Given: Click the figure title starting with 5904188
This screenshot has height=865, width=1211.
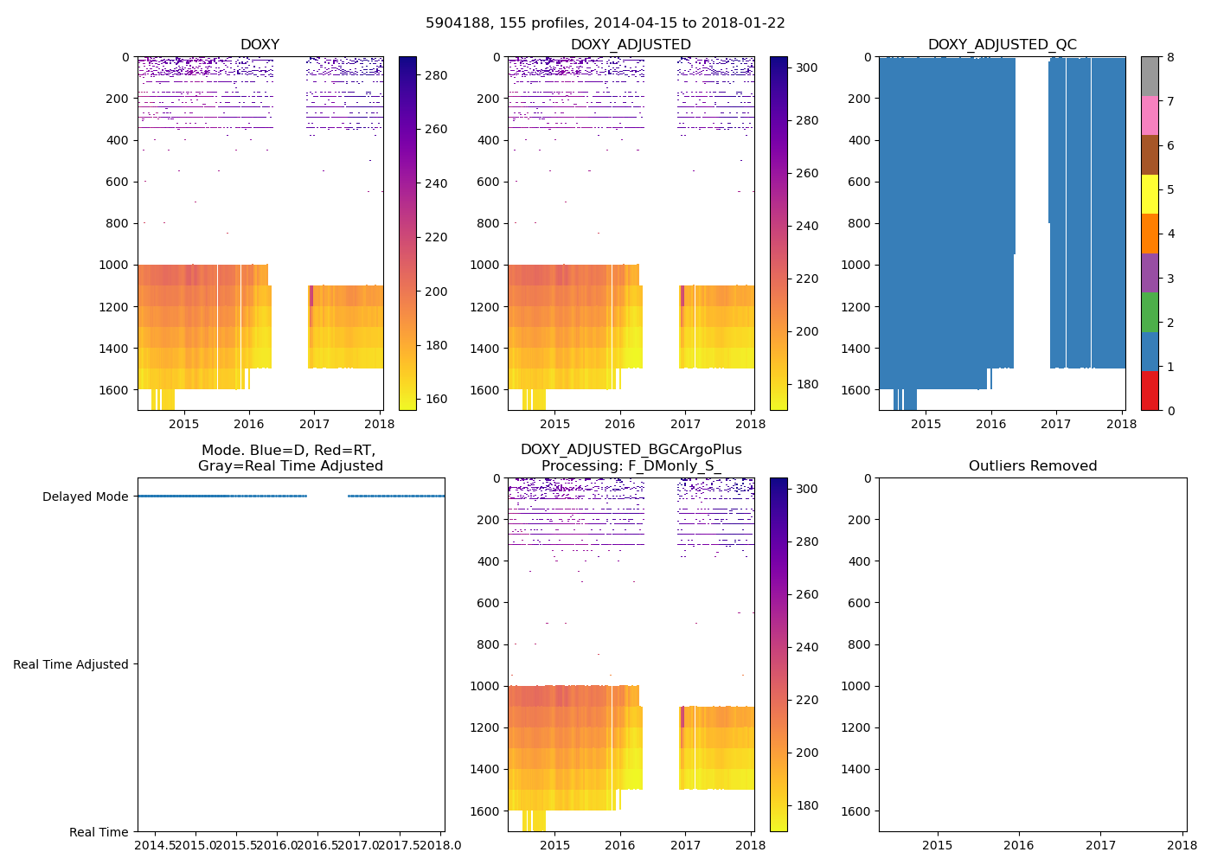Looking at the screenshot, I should point(605,23).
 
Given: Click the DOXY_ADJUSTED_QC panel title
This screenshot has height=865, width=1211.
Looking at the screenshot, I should point(1002,45).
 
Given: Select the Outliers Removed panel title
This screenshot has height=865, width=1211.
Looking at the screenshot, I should point(1032,466).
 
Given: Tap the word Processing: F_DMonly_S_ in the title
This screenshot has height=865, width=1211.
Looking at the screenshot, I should point(631,466).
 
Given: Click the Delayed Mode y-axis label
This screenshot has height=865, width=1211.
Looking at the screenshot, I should point(85,497).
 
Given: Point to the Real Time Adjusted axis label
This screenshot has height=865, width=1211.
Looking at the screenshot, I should point(71,664).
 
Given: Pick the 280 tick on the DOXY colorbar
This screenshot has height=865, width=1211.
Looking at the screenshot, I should point(436,75).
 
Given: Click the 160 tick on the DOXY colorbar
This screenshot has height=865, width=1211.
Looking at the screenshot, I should point(436,399).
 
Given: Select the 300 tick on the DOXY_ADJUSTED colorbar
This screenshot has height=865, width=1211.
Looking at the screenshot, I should point(806,67).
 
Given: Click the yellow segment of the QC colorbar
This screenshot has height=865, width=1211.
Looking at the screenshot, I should point(1150,194).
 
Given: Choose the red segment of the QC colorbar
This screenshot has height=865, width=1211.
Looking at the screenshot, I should point(1150,390).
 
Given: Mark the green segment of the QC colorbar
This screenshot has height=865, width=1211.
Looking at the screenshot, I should point(1150,311).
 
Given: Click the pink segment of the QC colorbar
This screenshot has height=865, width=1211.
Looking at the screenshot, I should point(1150,115).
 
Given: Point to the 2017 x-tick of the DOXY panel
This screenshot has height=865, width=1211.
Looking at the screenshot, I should point(314,424).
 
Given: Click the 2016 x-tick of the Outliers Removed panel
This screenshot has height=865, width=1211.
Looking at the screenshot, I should point(1018,845).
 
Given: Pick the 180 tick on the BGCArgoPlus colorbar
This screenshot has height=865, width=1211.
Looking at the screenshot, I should point(806,805).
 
